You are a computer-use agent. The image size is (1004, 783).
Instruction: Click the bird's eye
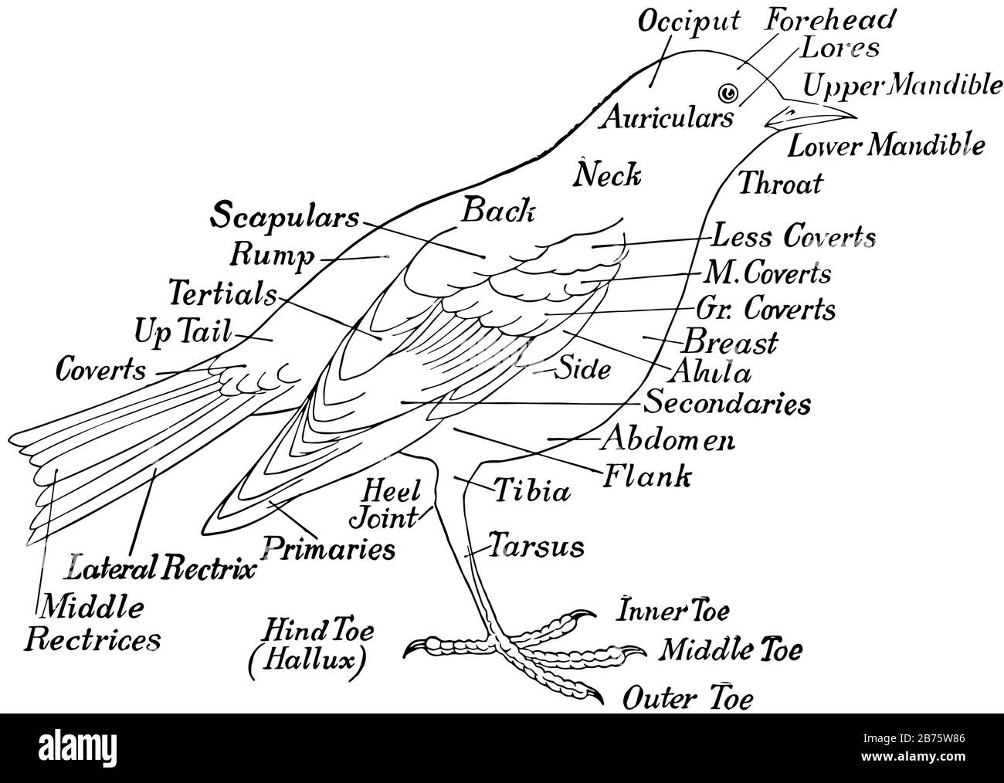coord(727,93)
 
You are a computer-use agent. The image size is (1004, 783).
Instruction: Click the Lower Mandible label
coord(886,144)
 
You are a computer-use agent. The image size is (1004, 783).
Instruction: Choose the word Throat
coord(781,184)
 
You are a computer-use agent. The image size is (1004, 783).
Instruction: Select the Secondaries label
coord(728,402)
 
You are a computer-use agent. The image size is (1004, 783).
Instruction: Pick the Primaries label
coord(329,549)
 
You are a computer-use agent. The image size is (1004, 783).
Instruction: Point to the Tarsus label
coord(536,547)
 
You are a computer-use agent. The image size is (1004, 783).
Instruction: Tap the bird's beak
coord(811,115)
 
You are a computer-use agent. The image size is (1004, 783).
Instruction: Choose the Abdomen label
coord(668,439)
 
